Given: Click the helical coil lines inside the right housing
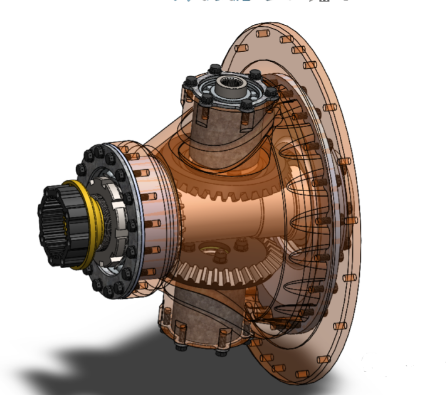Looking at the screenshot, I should (x=310, y=230).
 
